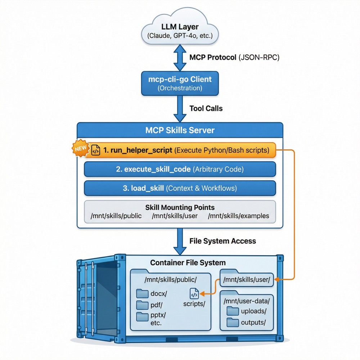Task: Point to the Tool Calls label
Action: tap(206, 108)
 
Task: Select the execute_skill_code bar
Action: tap(180, 169)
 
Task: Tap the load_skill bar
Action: tap(180, 188)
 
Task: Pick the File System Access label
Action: tap(222, 241)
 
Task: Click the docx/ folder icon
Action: tap(143, 293)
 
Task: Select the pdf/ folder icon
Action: tap(143, 306)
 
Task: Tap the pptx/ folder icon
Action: tap(143, 318)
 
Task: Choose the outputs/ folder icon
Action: tap(233, 322)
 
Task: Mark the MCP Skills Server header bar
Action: tap(180, 130)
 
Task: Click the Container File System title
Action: tap(188, 263)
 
